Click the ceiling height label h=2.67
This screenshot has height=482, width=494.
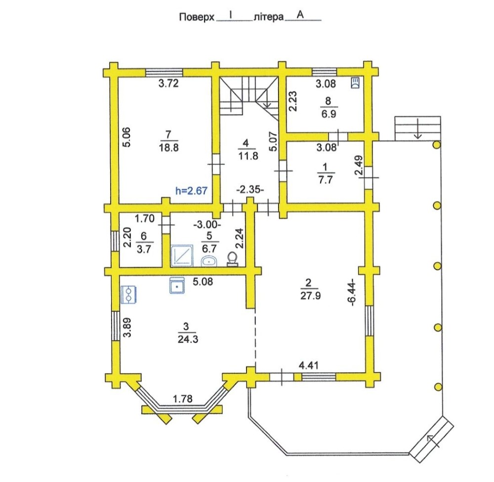pyautogui.click(x=191, y=190)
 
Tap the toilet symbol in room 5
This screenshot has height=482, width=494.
pyautogui.click(x=233, y=259)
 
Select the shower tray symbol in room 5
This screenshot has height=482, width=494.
pyautogui.click(x=182, y=255)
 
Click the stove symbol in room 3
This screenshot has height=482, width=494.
pyautogui.click(x=128, y=294)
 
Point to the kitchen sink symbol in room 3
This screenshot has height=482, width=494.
pyautogui.click(x=177, y=285)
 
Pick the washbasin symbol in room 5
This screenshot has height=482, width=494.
pyautogui.click(x=209, y=261)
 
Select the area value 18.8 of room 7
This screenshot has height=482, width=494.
pyautogui.click(x=169, y=147)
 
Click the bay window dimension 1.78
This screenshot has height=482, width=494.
pyautogui.click(x=183, y=399)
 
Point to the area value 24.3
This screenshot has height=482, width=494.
pyautogui.click(x=188, y=339)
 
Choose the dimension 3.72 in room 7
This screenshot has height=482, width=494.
pyautogui.click(x=168, y=83)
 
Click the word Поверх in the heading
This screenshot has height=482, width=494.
pyautogui.click(x=197, y=17)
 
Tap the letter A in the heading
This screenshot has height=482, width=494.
pyautogui.click(x=300, y=15)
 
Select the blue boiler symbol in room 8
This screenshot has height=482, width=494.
pyautogui.click(x=355, y=83)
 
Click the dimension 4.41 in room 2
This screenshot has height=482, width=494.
pyautogui.click(x=308, y=365)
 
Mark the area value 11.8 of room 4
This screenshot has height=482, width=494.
pyautogui.click(x=248, y=156)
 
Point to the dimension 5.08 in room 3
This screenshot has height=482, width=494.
pyautogui.click(x=203, y=281)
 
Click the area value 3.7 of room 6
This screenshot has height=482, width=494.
pyautogui.click(x=145, y=249)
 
